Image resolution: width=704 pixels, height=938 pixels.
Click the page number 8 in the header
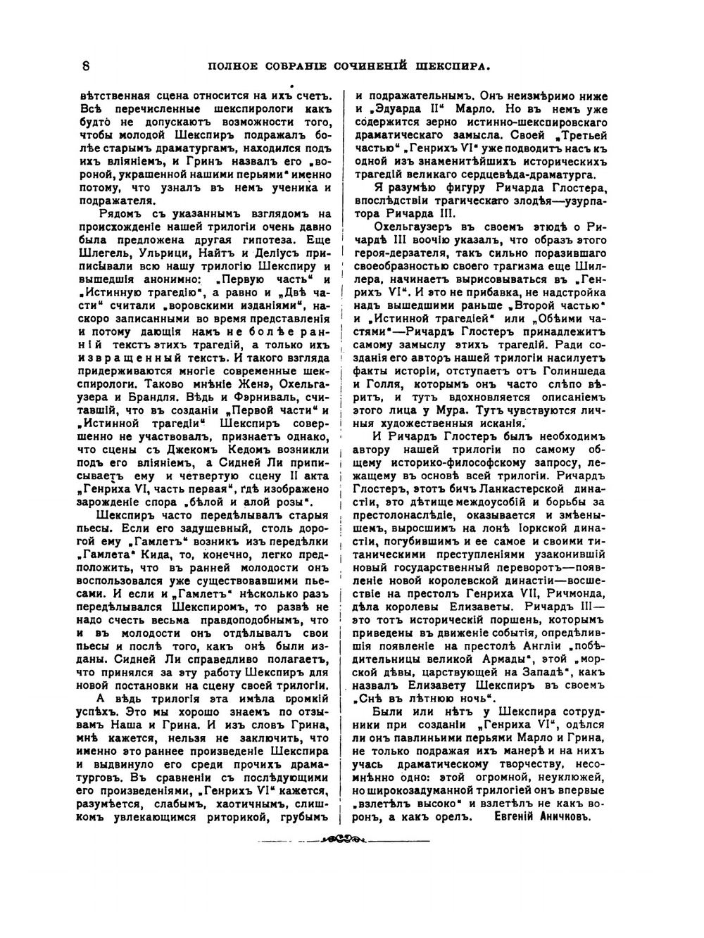point(85,67)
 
